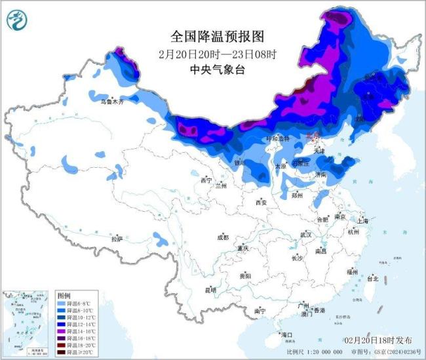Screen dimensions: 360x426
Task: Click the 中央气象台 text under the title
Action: pos(212,70)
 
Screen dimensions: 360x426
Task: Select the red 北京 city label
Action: pos(315,136)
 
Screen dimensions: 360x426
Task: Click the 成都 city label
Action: pos(222,237)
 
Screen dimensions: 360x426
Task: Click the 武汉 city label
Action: pos(305,234)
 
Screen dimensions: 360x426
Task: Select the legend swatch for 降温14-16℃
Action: pos(62,331)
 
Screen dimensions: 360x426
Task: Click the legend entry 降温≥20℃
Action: pos(75,353)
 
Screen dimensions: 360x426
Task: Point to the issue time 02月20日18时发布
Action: pos(378,340)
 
